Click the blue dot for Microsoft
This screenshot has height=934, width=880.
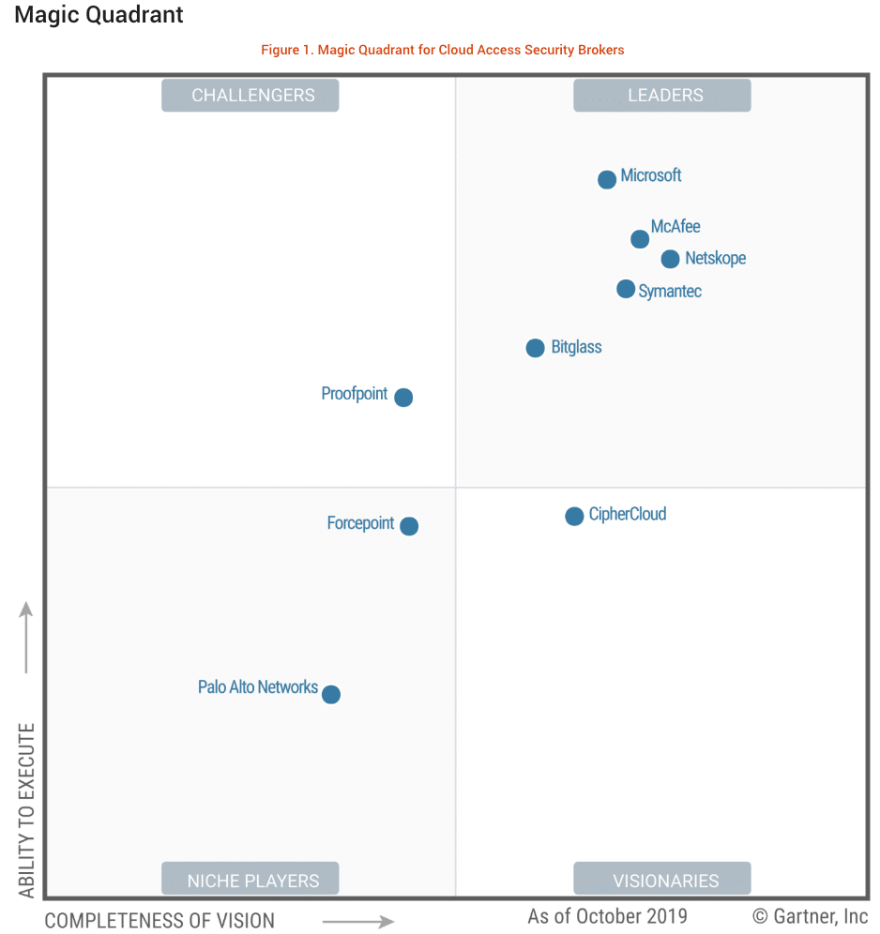tap(607, 179)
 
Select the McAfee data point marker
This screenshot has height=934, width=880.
tap(640, 239)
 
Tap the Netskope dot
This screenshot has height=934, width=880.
tap(670, 259)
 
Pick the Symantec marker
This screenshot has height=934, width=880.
tap(626, 289)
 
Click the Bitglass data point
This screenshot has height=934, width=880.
tap(535, 348)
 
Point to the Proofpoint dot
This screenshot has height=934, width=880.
tap(403, 398)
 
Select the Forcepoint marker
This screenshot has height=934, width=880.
tap(409, 526)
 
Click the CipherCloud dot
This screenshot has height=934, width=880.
tap(574, 516)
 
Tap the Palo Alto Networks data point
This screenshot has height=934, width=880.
tap(331, 695)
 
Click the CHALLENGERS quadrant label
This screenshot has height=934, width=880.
tap(250, 96)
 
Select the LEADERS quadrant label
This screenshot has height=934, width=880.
tap(662, 96)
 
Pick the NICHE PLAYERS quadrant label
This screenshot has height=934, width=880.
tap(250, 880)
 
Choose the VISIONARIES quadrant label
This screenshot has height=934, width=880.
tap(662, 880)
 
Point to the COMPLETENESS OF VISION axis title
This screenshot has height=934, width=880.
tap(159, 920)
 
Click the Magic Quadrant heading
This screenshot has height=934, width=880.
tap(99, 16)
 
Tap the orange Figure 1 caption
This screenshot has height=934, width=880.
tap(442, 50)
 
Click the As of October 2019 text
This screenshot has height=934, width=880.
tap(607, 916)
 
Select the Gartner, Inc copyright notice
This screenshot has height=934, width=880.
tap(810, 916)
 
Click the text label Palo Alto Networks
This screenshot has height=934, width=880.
tap(257, 687)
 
